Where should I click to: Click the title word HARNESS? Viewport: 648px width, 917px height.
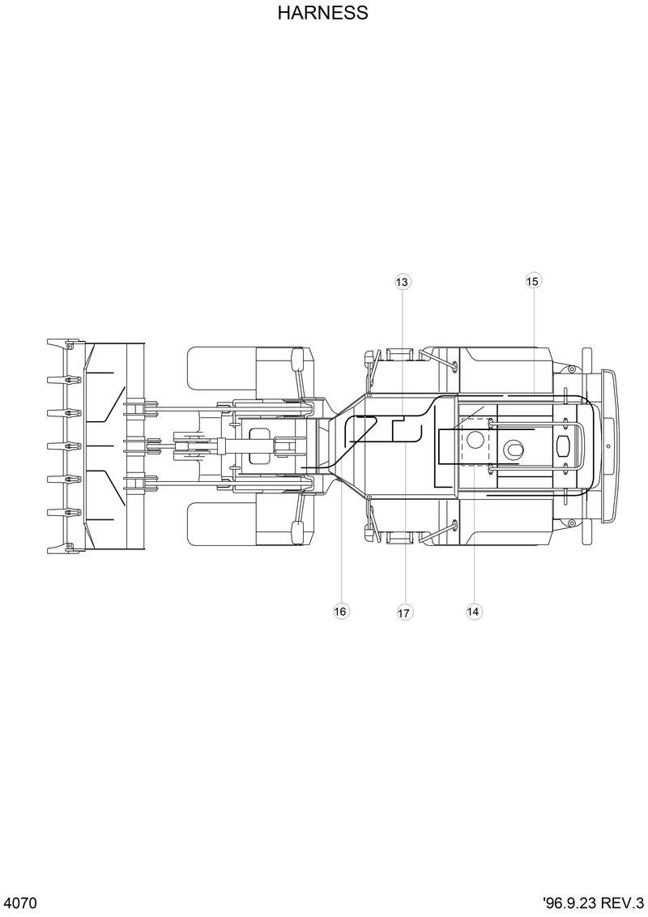coord(322,13)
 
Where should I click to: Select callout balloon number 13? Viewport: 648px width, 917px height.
coord(403,282)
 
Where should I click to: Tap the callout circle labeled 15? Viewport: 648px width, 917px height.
coord(532,281)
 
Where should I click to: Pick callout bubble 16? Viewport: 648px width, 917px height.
coord(341,612)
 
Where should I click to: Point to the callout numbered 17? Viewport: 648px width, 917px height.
coord(404,612)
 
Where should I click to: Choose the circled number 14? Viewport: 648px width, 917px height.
coord(474,612)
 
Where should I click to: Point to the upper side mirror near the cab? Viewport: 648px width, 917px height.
coord(373,356)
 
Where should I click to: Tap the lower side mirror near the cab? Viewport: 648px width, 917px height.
coord(373,534)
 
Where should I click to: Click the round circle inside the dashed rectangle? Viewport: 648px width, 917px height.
coord(475,441)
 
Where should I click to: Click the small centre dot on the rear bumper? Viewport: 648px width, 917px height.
coord(607,446)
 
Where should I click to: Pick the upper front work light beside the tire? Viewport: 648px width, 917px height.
coord(296,357)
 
